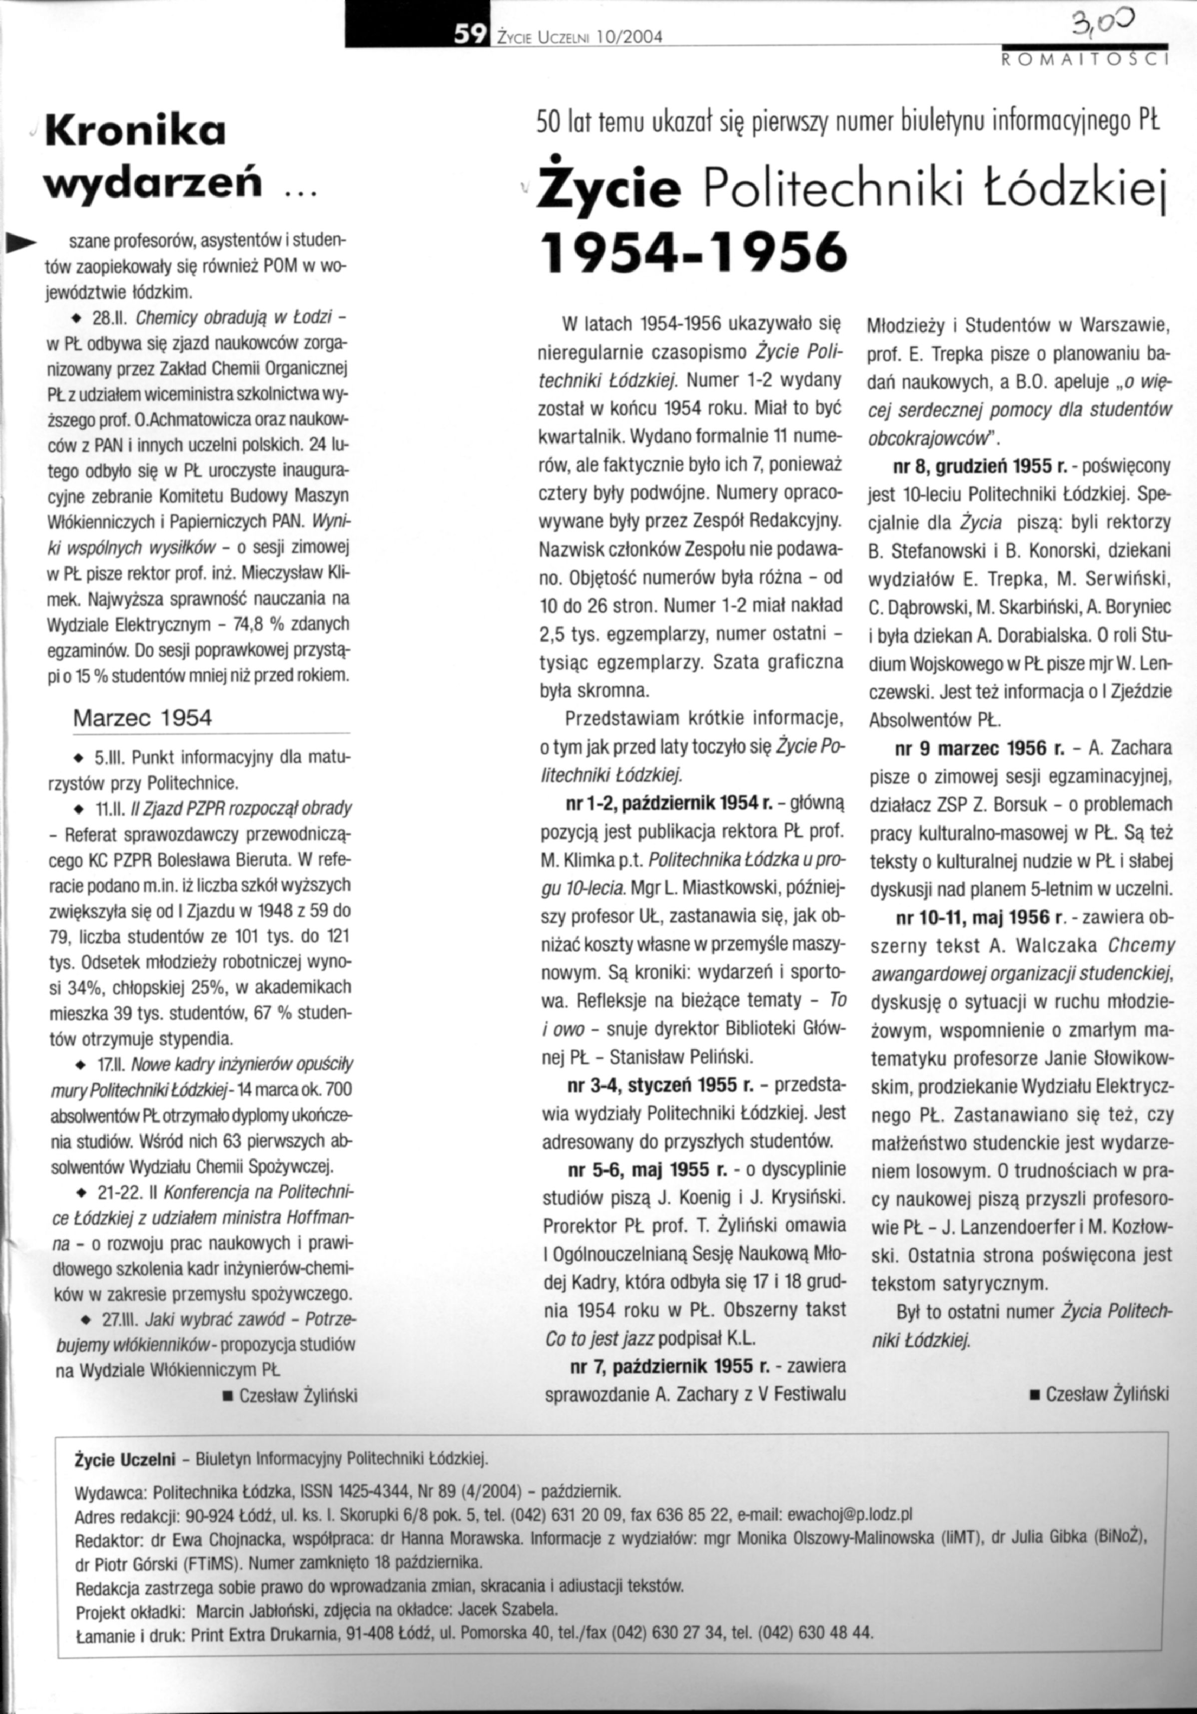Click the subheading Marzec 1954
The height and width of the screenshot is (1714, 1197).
tap(142, 718)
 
